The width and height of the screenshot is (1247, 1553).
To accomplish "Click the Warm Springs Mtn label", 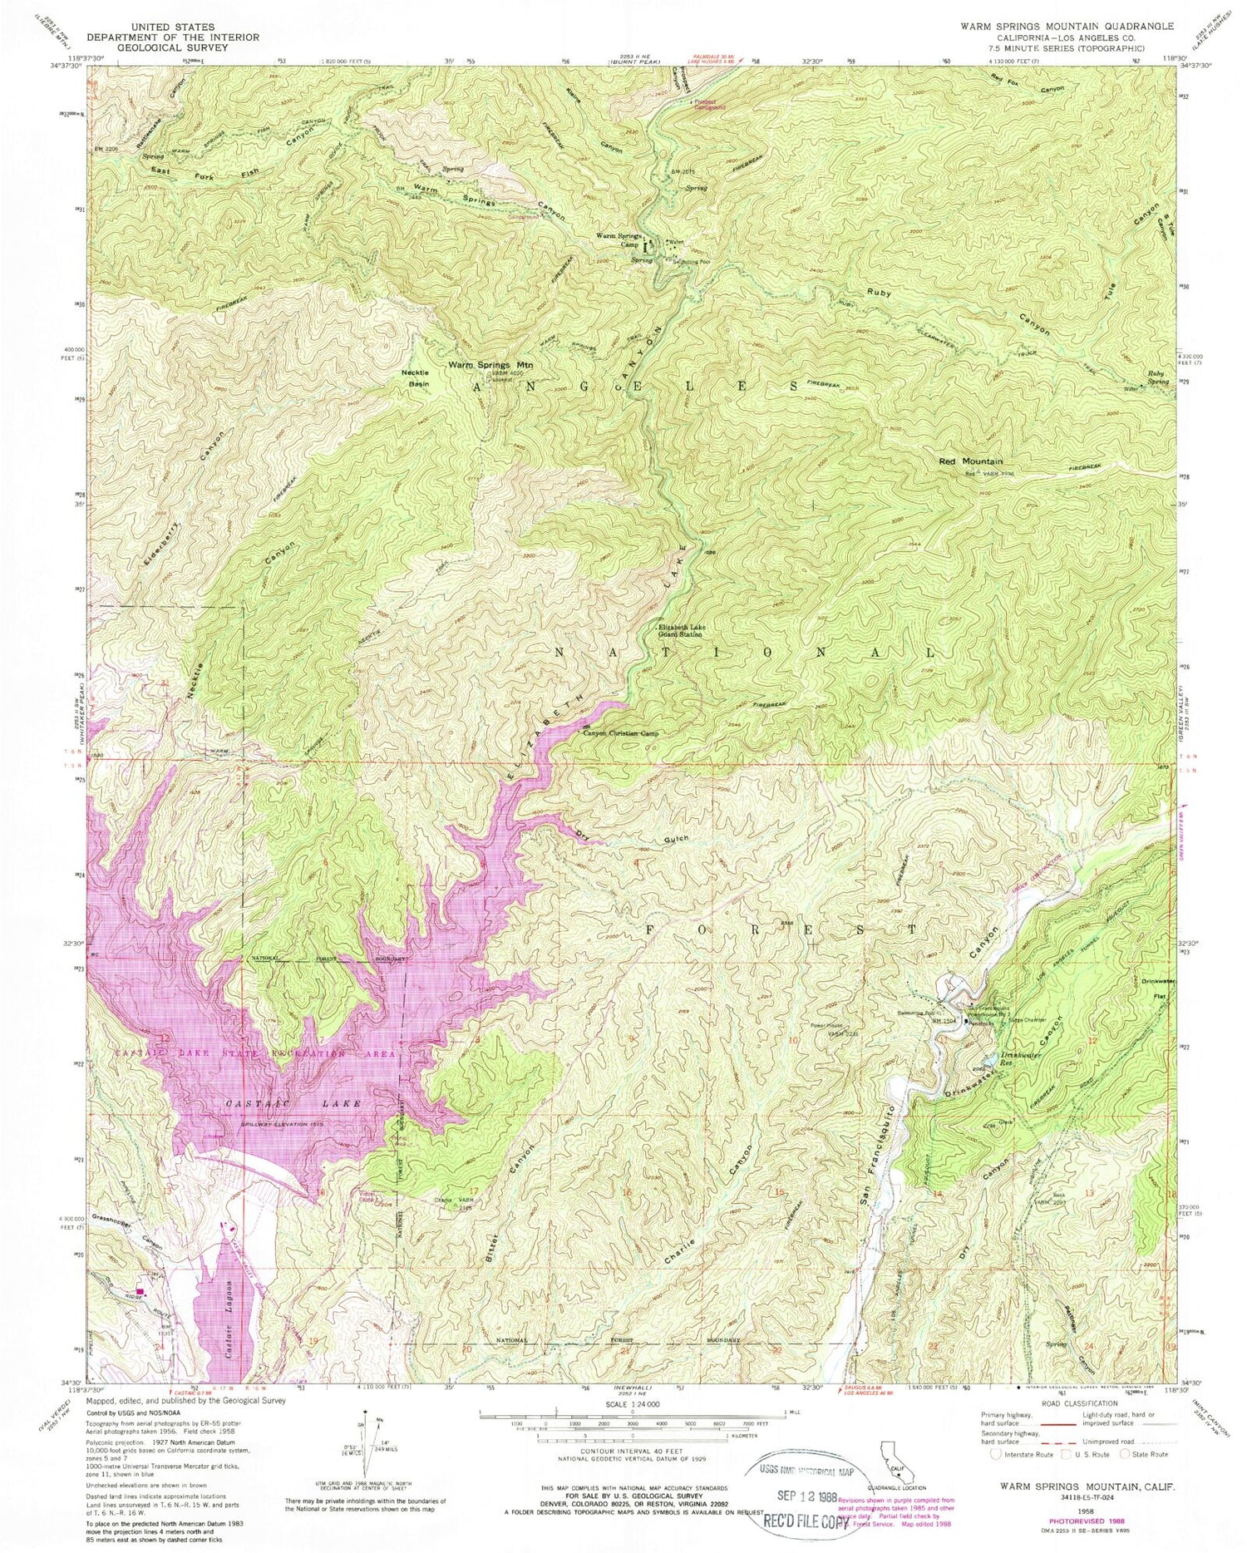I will tap(490, 365).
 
